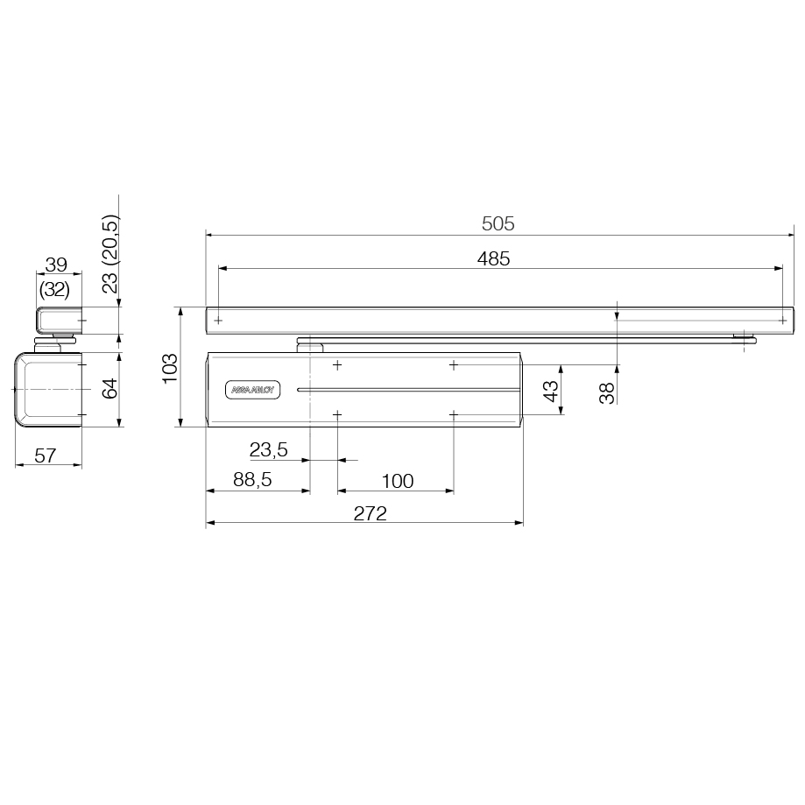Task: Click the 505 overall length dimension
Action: point(498,224)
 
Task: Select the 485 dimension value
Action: point(493,258)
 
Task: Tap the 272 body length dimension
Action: point(371,513)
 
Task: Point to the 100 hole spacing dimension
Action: point(398,482)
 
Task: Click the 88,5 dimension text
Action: point(252,479)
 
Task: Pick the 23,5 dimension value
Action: point(269,450)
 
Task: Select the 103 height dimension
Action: point(170,368)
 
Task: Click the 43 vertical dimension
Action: point(551,392)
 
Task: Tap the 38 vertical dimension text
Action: point(607,393)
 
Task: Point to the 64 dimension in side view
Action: point(109,389)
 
